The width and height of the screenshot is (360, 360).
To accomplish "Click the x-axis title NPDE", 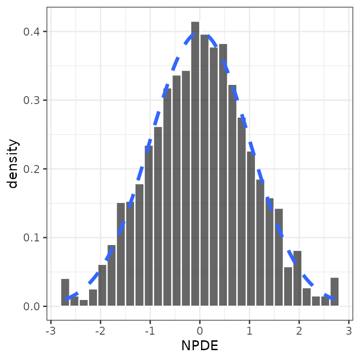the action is pyautogui.click(x=200, y=345).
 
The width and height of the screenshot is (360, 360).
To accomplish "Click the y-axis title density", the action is pyautogui.click(x=13, y=164).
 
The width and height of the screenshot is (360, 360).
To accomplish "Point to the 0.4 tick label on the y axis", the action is pyautogui.click(x=31, y=32).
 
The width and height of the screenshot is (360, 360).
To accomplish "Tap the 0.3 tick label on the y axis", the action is pyautogui.click(x=31, y=100).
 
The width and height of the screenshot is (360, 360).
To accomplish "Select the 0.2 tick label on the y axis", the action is pyautogui.click(x=31, y=169).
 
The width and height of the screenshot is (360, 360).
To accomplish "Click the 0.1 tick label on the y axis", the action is pyautogui.click(x=31, y=238).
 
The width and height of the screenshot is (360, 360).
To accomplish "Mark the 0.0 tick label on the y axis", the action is pyautogui.click(x=31, y=306).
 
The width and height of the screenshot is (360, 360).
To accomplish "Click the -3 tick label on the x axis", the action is pyautogui.click(x=51, y=331).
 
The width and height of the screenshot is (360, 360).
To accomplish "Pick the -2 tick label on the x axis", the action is pyautogui.click(x=100, y=331).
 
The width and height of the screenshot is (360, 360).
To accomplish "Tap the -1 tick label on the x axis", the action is pyautogui.click(x=150, y=331).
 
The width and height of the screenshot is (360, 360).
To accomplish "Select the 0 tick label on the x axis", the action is pyautogui.click(x=200, y=331).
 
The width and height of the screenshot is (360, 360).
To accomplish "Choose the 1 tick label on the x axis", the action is pyautogui.click(x=249, y=331).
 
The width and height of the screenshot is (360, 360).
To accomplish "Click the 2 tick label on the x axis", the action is pyautogui.click(x=299, y=331).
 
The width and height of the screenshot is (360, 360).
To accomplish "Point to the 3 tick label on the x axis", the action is pyautogui.click(x=349, y=331).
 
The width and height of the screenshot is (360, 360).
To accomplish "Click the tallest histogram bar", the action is pyautogui.click(x=195, y=164).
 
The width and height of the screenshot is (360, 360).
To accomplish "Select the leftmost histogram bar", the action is pyautogui.click(x=65, y=292).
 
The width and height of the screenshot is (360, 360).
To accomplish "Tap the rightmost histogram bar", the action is pyautogui.click(x=335, y=292).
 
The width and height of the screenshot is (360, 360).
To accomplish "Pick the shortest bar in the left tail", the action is pyautogui.click(x=83, y=303).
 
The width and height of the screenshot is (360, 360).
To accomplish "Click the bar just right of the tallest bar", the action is pyautogui.click(x=204, y=170).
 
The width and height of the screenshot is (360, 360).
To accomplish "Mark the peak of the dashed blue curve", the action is pyautogui.click(x=200, y=34).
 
